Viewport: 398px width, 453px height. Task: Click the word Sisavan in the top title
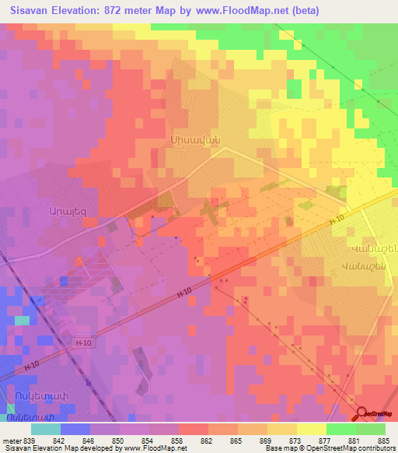[33, 11]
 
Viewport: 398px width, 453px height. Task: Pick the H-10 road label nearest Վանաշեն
[336, 220]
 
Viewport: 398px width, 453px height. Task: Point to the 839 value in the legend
[30, 441]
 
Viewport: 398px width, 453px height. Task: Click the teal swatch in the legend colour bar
[46, 429]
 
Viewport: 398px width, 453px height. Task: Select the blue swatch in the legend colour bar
[75, 429]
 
